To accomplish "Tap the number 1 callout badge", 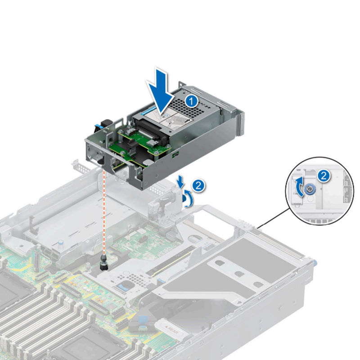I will [x=192, y=101].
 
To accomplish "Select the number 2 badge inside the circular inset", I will [x=323, y=175].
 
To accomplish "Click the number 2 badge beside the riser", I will [x=197, y=184].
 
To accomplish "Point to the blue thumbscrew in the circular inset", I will [x=310, y=189].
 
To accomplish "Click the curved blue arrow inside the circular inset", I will [x=298, y=187].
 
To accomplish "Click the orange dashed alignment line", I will [x=105, y=211].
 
